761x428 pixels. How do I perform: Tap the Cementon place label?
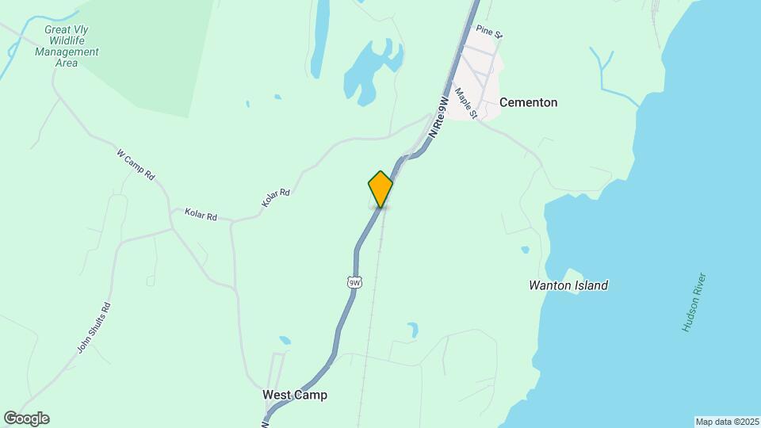pyautogui.click(x=528, y=102)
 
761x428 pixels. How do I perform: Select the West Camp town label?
pyautogui.click(x=294, y=395)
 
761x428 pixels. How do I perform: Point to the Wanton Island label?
pyautogui.click(x=568, y=285)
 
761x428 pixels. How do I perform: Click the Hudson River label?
pyautogui.click(x=694, y=303)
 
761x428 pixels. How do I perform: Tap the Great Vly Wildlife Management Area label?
pyautogui.click(x=67, y=46)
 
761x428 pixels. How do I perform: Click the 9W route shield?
pyautogui.click(x=354, y=281)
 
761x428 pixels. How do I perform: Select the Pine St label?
pyautogui.click(x=490, y=32)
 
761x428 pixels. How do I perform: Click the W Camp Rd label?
pyautogui.click(x=135, y=164)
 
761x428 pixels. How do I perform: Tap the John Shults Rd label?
pyautogui.click(x=94, y=328)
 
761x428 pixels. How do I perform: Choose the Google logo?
pyautogui.click(x=26, y=418)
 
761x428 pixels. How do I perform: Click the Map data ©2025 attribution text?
pyautogui.click(x=726, y=422)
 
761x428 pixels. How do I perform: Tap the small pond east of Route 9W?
pyautogui.click(x=412, y=330)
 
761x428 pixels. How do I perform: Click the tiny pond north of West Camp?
pyautogui.click(x=285, y=340)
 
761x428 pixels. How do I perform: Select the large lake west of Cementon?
pyautogui.click(x=366, y=71)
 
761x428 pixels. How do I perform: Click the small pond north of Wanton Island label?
pyautogui.click(x=525, y=250)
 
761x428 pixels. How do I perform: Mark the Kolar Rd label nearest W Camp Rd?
pyautogui.click(x=201, y=214)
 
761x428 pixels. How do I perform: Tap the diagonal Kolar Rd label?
pyautogui.click(x=276, y=198)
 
